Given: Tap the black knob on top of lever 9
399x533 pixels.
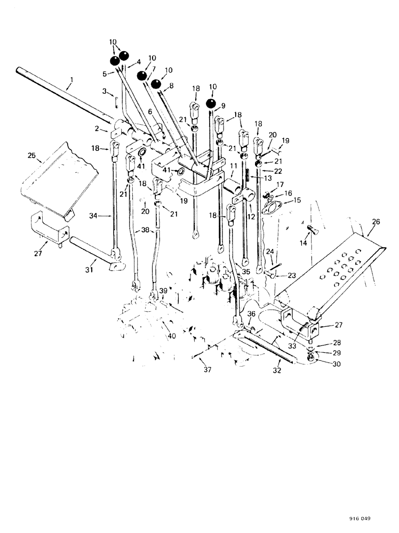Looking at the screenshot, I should (x=212, y=103).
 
